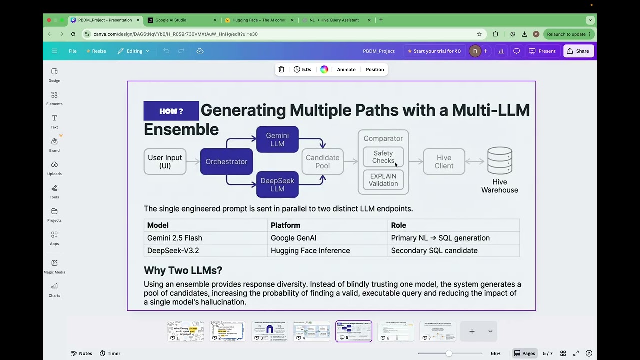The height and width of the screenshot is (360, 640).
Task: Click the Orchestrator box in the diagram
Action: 226,162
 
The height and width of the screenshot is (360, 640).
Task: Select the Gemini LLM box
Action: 277,139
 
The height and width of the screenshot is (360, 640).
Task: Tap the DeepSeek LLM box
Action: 277,184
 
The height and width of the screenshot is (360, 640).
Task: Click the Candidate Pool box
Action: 322,162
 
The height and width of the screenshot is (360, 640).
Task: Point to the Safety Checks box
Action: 383,157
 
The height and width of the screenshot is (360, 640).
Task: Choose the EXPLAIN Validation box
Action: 383,180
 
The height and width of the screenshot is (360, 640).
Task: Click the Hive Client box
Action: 444,162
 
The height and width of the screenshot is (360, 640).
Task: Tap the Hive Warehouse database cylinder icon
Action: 499,160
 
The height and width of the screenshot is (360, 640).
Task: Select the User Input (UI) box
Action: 165,162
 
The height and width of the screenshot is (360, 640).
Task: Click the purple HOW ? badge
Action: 171,111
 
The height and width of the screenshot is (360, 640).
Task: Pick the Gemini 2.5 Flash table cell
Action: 175,238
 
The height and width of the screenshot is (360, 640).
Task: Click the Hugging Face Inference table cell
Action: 310,251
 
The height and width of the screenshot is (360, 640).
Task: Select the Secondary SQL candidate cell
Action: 434,251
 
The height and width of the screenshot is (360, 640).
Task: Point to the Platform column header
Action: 285,225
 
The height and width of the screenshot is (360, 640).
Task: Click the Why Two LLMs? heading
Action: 183,270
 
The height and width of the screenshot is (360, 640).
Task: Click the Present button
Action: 542,51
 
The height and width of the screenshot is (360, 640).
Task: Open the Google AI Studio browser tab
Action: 171,20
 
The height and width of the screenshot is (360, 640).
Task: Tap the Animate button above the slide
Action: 346,69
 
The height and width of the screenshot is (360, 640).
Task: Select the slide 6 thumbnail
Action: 395,331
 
